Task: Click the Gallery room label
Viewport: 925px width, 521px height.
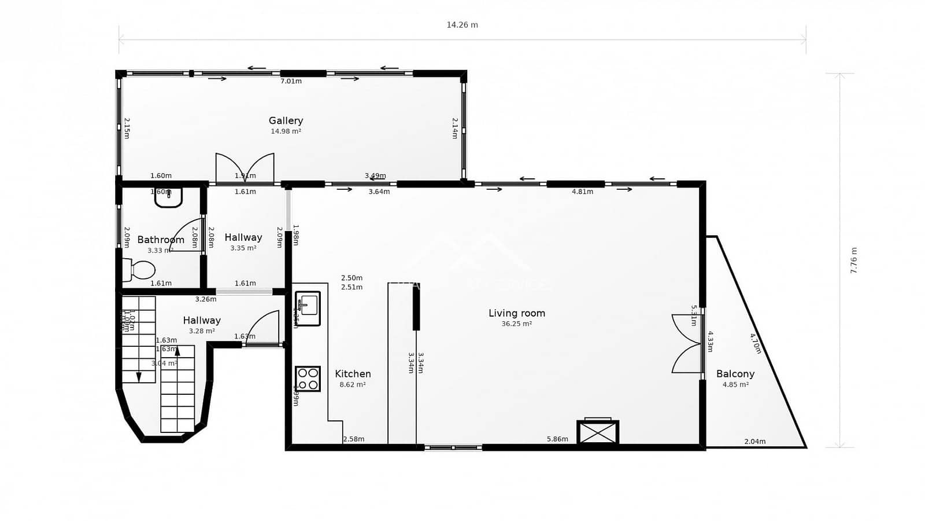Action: (x=286, y=120)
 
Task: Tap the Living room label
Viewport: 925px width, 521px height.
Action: (x=516, y=313)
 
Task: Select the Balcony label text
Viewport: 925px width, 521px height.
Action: (x=735, y=374)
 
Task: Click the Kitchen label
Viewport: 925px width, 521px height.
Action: (x=353, y=374)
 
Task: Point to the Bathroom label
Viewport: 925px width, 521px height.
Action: (x=161, y=240)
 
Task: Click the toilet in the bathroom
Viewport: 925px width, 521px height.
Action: (x=139, y=270)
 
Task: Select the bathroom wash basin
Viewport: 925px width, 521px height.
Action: (x=168, y=197)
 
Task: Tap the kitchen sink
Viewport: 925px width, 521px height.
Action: (x=308, y=308)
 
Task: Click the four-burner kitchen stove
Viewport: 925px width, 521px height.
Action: (x=308, y=379)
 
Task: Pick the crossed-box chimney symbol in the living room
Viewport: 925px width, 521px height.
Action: (x=598, y=432)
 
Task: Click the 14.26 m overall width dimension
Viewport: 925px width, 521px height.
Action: (x=462, y=25)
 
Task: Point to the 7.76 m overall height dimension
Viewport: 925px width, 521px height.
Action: (x=854, y=260)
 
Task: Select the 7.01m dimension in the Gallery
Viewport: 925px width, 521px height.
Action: (x=291, y=81)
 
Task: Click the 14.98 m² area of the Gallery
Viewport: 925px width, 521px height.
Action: (x=286, y=131)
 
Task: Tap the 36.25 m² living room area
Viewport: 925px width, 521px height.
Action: (x=516, y=324)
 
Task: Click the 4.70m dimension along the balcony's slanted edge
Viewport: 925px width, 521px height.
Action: (x=755, y=343)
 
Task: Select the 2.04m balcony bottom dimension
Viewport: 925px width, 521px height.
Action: (x=754, y=442)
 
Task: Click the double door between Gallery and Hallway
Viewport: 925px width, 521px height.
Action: (x=245, y=168)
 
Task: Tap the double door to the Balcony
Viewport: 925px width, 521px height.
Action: (x=687, y=343)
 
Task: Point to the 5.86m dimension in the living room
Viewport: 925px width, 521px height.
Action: (x=557, y=439)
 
